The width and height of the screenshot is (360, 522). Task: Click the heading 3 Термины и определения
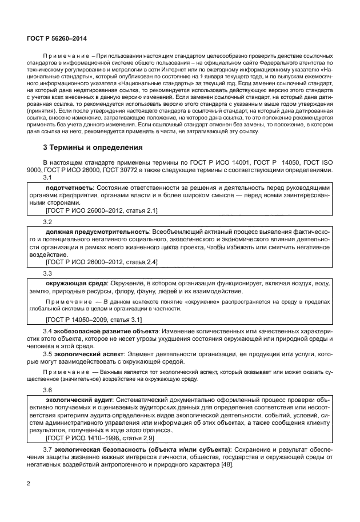pos(94,148)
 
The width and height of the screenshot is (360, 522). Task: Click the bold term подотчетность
pos(69,188)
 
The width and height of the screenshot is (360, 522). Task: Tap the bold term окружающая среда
pos(74,282)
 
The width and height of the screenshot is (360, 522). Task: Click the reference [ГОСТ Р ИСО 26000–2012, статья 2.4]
pos(102,262)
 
